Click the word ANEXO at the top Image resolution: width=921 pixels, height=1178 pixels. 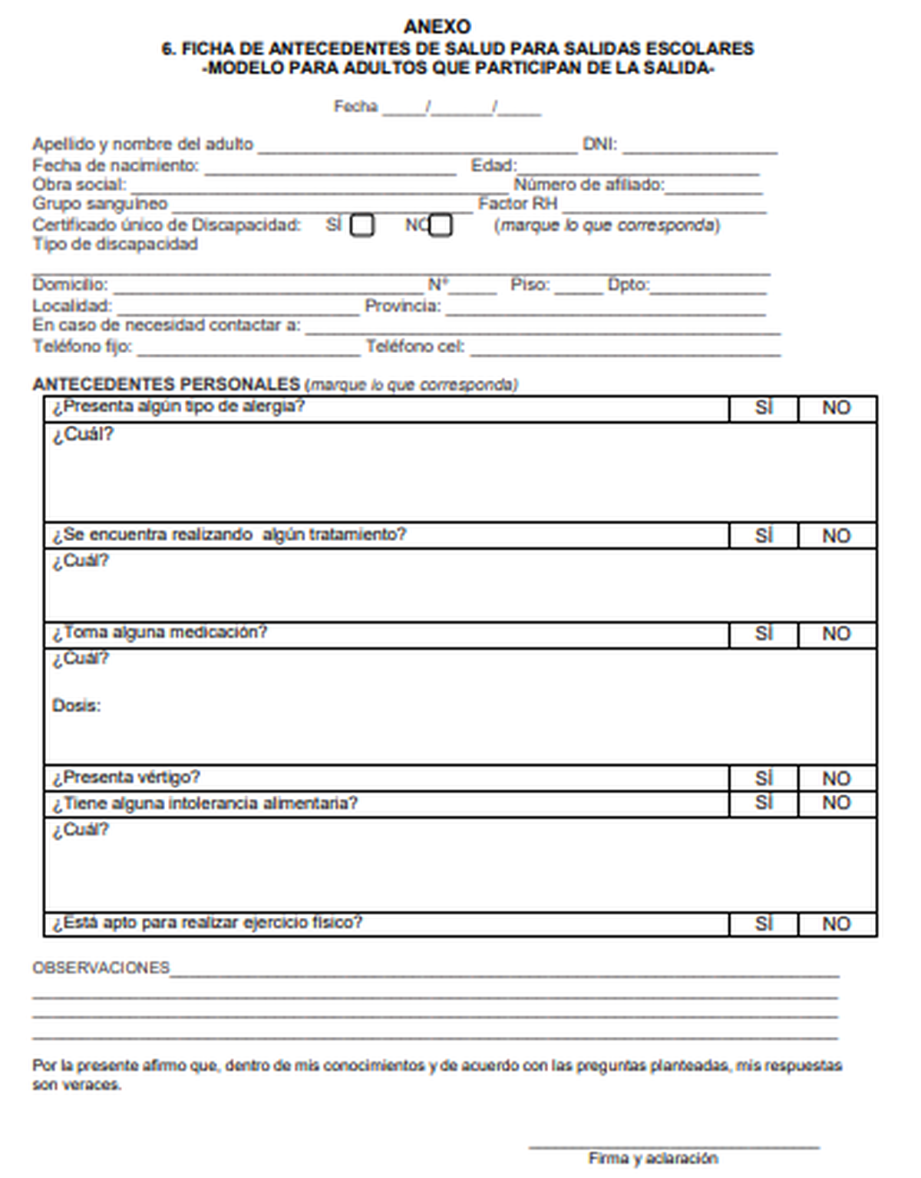pyautogui.click(x=437, y=27)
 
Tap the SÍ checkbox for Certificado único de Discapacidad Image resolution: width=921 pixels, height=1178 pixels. pyautogui.click(x=362, y=226)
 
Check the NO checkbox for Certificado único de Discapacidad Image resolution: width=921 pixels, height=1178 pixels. pyautogui.click(x=441, y=226)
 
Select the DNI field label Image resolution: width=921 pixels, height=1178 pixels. pyautogui.click(x=599, y=144)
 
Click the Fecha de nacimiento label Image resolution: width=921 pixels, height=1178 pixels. pyautogui.click(x=115, y=165)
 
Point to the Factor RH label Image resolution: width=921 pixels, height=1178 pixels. pyautogui.click(x=517, y=204)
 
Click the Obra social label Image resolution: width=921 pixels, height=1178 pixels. pyautogui.click(x=79, y=185)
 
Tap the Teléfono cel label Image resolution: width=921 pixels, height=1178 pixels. pyautogui.click(x=414, y=347)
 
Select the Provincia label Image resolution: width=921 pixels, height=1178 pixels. pyautogui.click(x=402, y=306)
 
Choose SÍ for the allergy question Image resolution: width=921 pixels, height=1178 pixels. pyautogui.click(x=764, y=408)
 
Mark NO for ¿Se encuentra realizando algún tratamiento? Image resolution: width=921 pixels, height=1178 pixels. pyautogui.click(x=837, y=536)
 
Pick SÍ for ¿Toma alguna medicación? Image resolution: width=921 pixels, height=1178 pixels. pyautogui.click(x=764, y=634)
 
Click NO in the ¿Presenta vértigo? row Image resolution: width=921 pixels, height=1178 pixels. pyautogui.click(x=837, y=778)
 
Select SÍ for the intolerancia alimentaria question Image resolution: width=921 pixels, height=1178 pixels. pyautogui.click(x=764, y=803)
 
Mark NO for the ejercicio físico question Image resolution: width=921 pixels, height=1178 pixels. pyautogui.click(x=837, y=924)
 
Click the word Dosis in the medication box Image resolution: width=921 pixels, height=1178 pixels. pyautogui.click(x=76, y=706)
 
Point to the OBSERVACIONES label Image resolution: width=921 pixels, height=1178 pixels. pyautogui.click(x=101, y=968)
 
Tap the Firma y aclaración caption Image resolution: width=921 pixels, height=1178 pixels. pyautogui.click(x=653, y=1158)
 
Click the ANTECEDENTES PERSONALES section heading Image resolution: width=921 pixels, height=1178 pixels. pyautogui.click(x=166, y=384)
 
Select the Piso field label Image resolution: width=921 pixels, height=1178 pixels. pyautogui.click(x=530, y=285)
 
